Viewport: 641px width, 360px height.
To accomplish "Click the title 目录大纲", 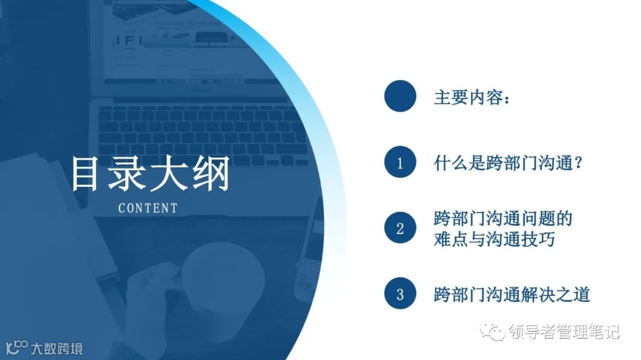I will tap(150, 174).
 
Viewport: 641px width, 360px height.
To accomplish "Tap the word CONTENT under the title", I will tap(148, 208).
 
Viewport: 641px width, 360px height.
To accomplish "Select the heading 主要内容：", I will tap(472, 97).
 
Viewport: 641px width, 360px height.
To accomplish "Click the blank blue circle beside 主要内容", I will tap(399, 96).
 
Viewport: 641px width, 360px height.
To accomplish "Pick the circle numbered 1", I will tap(399, 162).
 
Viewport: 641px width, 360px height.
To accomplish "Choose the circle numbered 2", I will tap(399, 228).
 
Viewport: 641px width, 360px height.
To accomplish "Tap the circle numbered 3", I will tap(399, 294).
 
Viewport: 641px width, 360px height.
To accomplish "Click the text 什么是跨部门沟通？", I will tap(508, 163).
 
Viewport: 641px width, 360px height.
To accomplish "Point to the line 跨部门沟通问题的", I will tap(503, 218).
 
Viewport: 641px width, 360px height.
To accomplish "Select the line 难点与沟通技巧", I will tap(495, 240).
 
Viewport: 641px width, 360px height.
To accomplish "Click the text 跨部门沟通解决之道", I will tap(512, 294).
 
